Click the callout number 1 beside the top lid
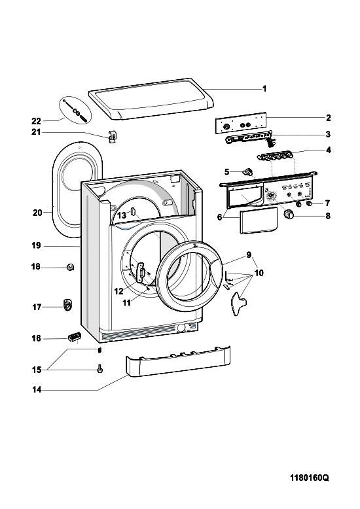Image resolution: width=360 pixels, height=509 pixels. coord(264,88)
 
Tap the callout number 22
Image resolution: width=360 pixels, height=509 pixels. coord(37,122)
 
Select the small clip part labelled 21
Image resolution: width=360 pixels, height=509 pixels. coord(112,137)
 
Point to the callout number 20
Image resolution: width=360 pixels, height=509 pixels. coord(37,213)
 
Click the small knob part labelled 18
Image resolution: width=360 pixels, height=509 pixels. coord(71,267)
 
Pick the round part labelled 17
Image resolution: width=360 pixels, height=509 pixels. coord(67,305)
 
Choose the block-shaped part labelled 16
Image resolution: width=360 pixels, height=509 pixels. coord(74,337)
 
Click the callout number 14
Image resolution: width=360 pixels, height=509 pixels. coord(37,389)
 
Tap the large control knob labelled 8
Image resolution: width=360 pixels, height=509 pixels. coord(289,214)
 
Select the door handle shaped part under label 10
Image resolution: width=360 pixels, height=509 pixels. coord(238,302)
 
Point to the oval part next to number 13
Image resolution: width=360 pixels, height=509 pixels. coord(133,211)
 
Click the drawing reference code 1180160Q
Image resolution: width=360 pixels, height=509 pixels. coord(309,478)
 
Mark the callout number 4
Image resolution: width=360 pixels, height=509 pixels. coord(328,150)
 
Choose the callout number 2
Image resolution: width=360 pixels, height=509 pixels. coord(328,118)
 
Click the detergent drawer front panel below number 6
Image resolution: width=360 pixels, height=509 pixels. coord(259,220)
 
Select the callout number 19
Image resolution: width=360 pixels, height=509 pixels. coord(36,246)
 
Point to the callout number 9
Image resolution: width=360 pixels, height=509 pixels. coord(249,254)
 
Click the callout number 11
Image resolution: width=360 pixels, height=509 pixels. coord(126,302)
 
